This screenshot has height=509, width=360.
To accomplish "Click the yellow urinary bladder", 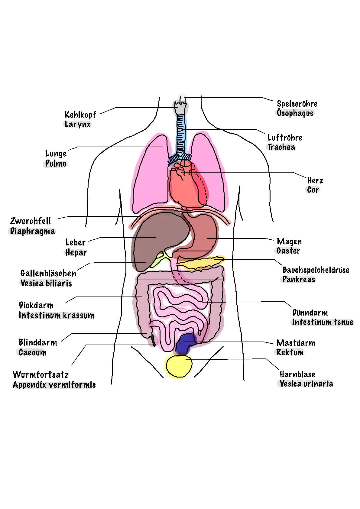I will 179,366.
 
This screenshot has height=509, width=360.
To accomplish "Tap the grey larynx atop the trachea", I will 180,107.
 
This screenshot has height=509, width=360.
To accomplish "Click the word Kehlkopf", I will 80,115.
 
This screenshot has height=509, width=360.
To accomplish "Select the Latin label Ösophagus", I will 295,113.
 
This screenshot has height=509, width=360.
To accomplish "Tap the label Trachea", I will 281,147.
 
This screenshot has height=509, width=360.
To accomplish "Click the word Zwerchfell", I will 31,221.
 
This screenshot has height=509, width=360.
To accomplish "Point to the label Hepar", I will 76,253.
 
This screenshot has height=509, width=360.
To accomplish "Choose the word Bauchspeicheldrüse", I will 316,270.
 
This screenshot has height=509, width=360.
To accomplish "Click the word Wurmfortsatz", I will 41,375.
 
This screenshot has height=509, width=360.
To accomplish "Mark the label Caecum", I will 32,352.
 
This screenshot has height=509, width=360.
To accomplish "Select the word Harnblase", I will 297,374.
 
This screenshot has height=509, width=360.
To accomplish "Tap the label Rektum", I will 290,352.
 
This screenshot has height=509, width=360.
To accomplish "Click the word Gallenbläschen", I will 48,273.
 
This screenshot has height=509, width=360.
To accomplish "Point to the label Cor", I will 313,190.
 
